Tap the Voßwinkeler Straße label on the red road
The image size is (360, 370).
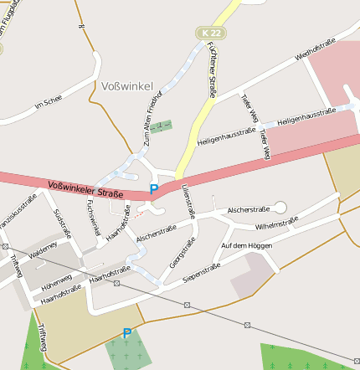coord(85,188)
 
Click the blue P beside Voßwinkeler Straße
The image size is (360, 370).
coord(153,190)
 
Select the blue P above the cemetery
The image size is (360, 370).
coord(126,333)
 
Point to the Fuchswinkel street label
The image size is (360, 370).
coord(94,218)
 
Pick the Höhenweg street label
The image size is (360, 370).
coord(56,280)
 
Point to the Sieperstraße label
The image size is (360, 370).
coord(201,271)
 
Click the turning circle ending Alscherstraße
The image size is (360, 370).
coord(280,207)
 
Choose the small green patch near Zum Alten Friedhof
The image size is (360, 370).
coord(160,126)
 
